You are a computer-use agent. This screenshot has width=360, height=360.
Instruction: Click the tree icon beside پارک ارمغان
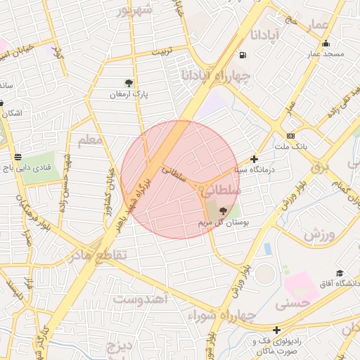pos(128,83)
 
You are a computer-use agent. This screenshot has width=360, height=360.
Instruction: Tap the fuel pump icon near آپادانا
pos(243,56)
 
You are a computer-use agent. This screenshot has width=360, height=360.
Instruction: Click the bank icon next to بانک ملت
pos(290,136)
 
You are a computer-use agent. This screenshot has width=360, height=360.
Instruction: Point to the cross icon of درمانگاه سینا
pos(254,160)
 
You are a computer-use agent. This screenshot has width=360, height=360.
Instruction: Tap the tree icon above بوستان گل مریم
pos(224,210)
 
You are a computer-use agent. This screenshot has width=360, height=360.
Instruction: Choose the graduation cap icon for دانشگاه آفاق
pos(340,274)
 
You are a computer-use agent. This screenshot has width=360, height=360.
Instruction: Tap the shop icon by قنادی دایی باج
pos(17,157)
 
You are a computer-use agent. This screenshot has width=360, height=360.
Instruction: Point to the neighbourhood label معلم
pos(91,141)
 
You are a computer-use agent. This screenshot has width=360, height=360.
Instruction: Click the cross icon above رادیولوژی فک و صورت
pos(277,330)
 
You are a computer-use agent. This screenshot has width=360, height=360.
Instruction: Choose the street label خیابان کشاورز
pos(110,182)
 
